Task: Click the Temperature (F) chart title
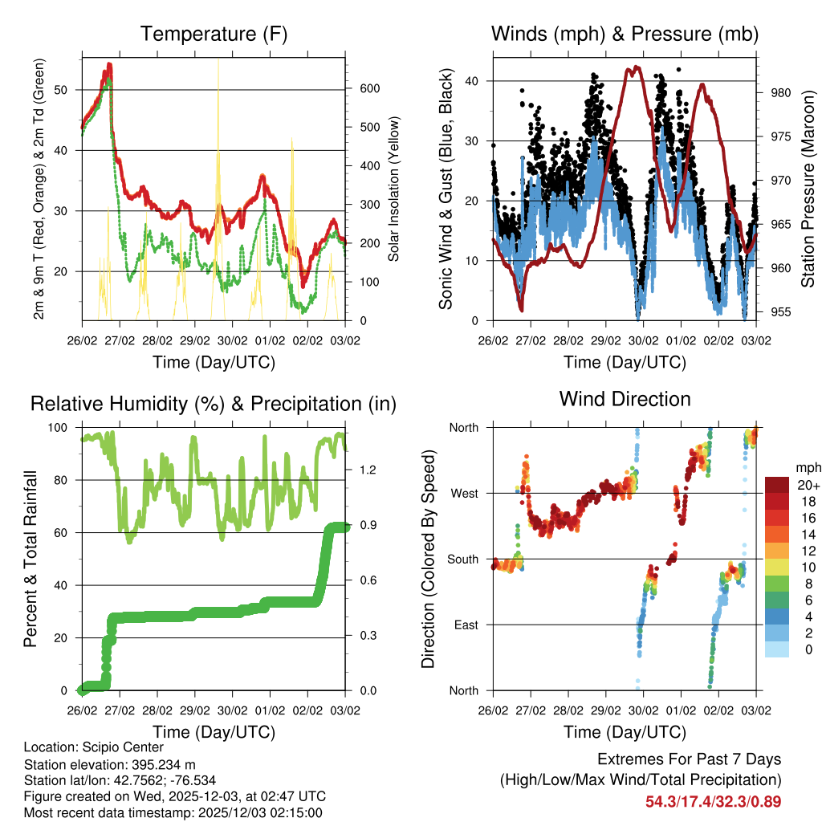[x=214, y=34]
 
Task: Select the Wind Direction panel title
[x=625, y=398]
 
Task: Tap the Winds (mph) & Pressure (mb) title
[x=625, y=34]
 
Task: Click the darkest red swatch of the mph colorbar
[x=776, y=485]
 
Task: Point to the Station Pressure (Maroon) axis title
[x=808, y=189]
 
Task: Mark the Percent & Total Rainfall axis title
[x=31, y=559]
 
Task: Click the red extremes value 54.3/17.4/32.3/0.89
[x=713, y=801]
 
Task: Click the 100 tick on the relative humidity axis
[x=67, y=427]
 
